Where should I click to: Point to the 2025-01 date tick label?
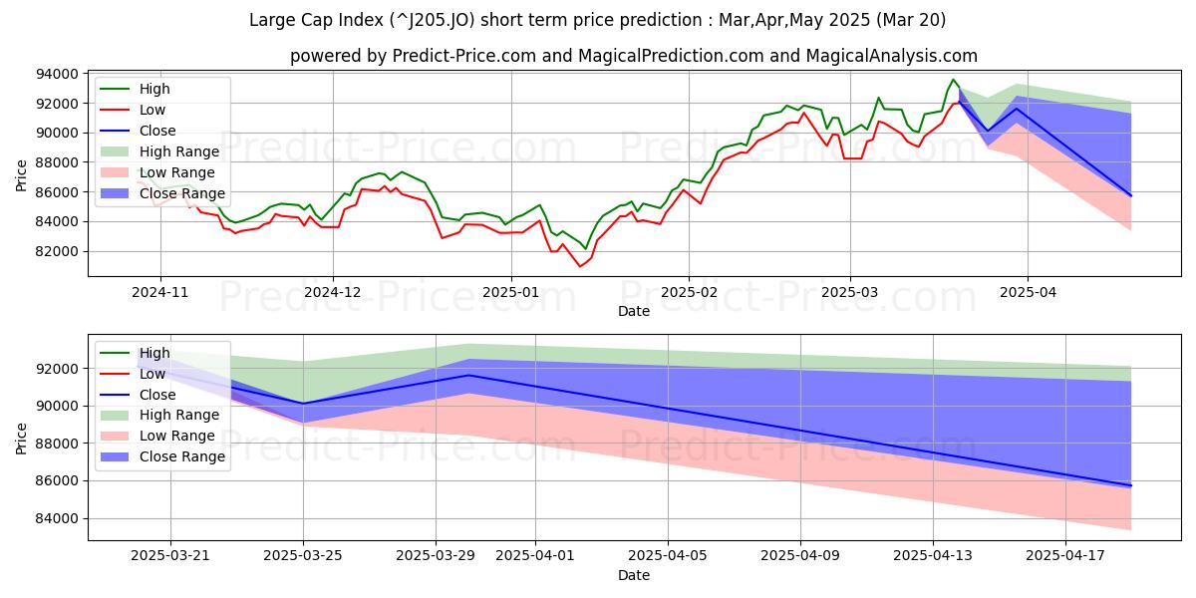point(510,292)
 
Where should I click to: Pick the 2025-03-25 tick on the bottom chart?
point(304,556)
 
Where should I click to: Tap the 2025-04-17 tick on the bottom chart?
point(1065,556)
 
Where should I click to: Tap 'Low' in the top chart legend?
point(152,110)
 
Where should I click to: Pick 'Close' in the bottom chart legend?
point(157,395)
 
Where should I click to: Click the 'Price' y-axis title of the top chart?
point(22,174)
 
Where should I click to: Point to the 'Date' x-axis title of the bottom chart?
point(633,575)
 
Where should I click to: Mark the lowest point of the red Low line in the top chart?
point(579,266)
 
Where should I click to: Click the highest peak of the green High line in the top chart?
point(953,80)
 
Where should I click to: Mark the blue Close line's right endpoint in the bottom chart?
point(1131,485)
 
